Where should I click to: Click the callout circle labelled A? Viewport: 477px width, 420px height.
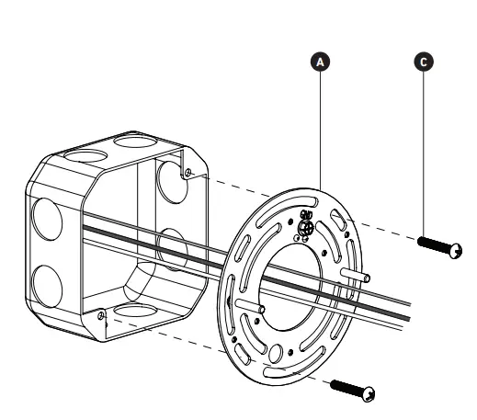coord(320,62)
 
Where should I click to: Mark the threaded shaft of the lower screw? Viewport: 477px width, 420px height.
coord(346,386)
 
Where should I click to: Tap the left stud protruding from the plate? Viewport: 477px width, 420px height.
coord(249,304)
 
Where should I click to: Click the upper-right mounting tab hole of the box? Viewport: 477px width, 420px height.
coord(187,172)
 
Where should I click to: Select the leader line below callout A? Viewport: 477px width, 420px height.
coord(320,129)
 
